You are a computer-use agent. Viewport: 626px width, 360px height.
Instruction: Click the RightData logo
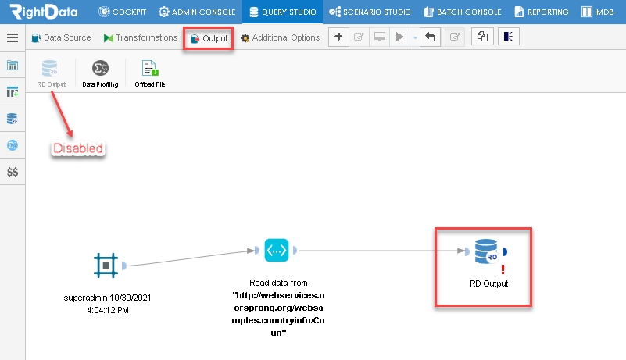point(44,12)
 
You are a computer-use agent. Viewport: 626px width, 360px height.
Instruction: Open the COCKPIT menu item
point(122,12)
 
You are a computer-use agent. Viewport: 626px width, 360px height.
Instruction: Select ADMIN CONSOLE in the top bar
point(197,12)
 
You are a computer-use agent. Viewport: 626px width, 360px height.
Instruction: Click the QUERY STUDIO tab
point(282,12)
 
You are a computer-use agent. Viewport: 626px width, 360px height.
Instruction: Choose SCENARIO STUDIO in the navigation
point(370,12)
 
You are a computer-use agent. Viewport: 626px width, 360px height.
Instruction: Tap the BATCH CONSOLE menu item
point(463,12)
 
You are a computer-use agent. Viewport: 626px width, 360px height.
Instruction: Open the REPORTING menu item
point(542,12)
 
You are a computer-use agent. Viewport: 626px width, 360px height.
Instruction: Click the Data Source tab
point(61,37)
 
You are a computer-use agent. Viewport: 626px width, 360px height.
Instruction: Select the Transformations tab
point(141,37)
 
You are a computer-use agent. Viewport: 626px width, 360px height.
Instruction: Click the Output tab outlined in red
point(209,38)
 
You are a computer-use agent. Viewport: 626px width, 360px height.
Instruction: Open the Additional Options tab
point(281,37)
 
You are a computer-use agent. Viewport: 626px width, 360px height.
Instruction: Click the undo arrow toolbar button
point(430,37)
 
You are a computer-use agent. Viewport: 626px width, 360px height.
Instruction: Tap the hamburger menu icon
point(13,37)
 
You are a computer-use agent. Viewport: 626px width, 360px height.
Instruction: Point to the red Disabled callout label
point(78,148)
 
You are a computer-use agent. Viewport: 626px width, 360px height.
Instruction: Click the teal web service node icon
point(277,250)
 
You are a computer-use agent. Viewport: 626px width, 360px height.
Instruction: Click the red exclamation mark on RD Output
point(503,269)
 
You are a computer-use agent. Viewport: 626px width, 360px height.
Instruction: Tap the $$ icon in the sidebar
point(13,172)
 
